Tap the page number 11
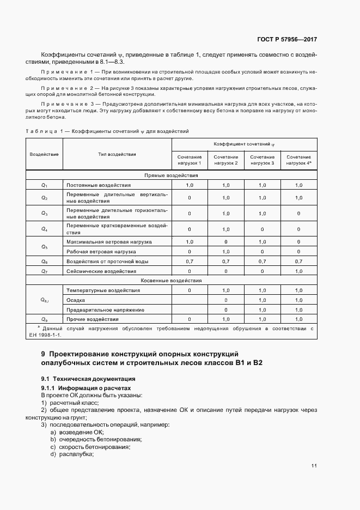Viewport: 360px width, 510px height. point(314,466)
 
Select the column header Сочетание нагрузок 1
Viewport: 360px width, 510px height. point(190,160)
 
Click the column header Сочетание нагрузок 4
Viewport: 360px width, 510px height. point(298,160)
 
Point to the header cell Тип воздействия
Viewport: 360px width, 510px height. point(117,155)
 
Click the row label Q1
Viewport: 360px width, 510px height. point(45,186)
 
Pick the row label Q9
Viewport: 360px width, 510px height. point(45,319)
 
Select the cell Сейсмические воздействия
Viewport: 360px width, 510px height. point(101,271)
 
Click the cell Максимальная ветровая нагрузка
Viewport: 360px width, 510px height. point(108,241)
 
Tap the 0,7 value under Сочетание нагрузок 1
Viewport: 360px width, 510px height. point(190,262)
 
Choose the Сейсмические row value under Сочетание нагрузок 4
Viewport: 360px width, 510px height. point(298,271)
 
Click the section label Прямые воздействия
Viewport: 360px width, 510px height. point(171,176)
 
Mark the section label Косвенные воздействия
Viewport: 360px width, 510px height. point(171,280)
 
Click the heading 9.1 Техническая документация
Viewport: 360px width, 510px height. point(88,378)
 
